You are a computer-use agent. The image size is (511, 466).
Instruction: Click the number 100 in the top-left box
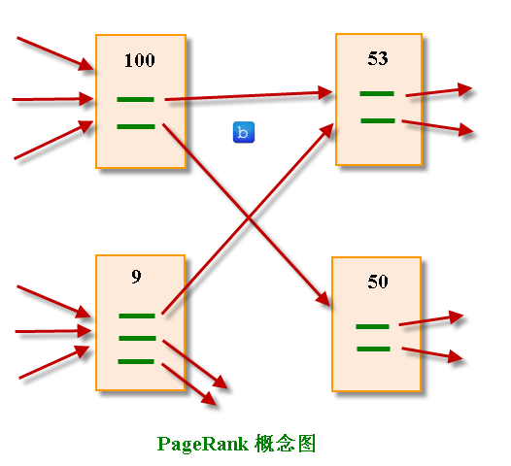(x=140, y=60)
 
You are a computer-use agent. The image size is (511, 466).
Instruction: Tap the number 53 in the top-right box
(x=378, y=58)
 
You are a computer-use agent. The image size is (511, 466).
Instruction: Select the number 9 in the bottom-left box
(x=136, y=277)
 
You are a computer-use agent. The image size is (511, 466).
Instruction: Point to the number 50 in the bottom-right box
(x=378, y=282)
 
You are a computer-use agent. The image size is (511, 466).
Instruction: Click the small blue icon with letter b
(x=244, y=133)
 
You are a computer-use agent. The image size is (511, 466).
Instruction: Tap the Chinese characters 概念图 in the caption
(x=287, y=444)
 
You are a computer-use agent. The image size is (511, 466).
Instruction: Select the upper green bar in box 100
(x=135, y=99)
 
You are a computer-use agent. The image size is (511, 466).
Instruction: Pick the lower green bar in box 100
(x=135, y=125)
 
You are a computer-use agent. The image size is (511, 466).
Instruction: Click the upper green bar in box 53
(x=377, y=94)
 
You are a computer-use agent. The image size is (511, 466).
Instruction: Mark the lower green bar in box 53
(x=377, y=120)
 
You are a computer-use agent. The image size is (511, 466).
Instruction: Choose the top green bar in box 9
(x=137, y=316)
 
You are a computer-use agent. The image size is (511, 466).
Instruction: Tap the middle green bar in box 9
(x=137, y=338)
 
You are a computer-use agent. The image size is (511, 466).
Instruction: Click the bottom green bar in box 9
(x=137, y=361)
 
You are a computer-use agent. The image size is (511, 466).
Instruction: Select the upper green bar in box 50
(x=373, y=325)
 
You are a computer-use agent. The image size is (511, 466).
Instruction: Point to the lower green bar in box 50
(x=373, y=349)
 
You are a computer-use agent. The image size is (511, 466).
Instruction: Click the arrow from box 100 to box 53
(x=248, y=95)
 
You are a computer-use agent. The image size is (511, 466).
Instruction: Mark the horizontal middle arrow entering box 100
(x=53, y=98)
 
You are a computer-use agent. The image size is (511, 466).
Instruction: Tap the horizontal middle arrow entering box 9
(x=53, y=332)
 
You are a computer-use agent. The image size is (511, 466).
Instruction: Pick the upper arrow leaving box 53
(x=439, y=91)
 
